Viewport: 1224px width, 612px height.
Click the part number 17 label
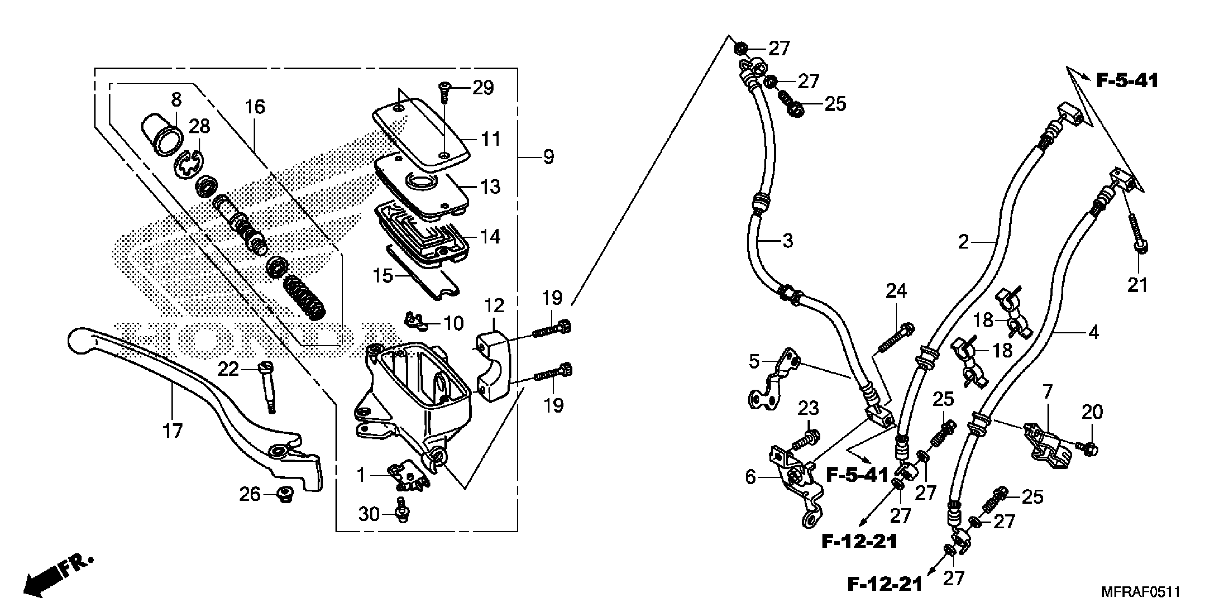coord(172,431)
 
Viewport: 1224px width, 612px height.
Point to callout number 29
coord(483,88)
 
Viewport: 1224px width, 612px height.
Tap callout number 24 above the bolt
coord(896,291)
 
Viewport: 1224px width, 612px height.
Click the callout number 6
coord(750,477)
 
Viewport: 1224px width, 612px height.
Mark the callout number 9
coord(548,156)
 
